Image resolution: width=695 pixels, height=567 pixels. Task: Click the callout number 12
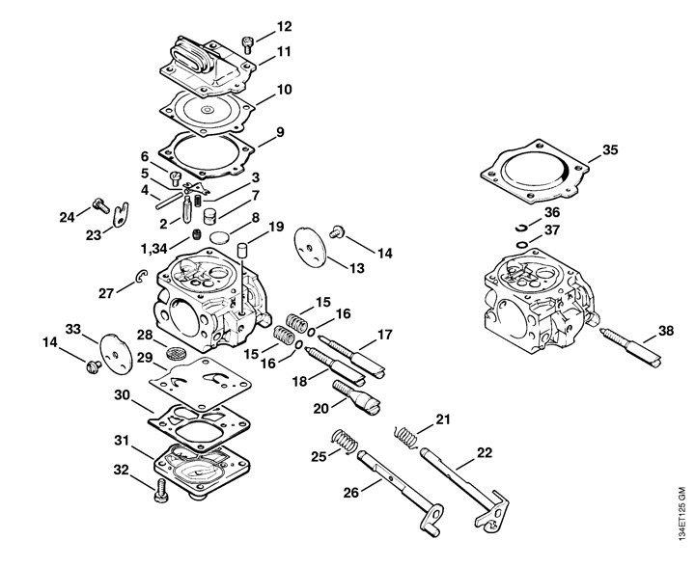point(284,27)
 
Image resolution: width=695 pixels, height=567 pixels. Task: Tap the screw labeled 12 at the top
point(247,44)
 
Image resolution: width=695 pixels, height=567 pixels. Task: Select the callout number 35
point(610,149)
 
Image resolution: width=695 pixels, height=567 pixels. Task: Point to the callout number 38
point(666,331)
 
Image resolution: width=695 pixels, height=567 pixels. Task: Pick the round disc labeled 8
point(220,237)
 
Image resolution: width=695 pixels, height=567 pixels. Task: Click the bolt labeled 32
point(161,491)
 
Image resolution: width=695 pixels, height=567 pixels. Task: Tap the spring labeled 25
point(345,441)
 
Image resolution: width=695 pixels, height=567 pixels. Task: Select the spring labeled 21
point(406,435)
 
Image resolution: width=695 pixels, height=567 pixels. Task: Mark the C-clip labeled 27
point(141,276)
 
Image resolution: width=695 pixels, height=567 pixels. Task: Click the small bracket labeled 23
point(120,215)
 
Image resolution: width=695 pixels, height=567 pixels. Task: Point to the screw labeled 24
point(101,205)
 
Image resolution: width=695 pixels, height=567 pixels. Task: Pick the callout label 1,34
point(153,249)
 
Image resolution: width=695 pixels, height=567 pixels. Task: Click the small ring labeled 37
point(522,245)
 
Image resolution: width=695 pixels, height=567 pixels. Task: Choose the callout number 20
point(320,408)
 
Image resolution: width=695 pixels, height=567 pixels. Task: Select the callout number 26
point(351,492)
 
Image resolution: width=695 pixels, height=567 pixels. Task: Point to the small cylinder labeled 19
point(242,250)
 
